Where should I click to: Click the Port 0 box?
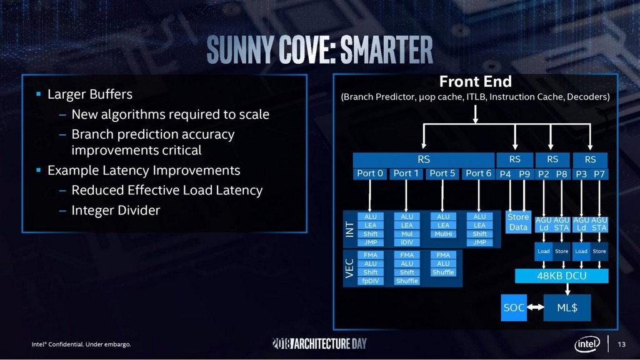tap(371, 173)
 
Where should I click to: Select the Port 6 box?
tap(479, 173)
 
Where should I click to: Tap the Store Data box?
tap(518, 222)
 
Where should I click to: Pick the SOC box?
tap(514, 307)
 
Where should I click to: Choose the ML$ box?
tap(568, 307)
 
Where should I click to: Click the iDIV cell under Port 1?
tap(407, 242)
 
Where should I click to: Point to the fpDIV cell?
tap(371, 281)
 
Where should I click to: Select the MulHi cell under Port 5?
tap(443, 234)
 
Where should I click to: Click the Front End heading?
tap(475, 82)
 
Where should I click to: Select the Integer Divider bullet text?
tap(116, 211)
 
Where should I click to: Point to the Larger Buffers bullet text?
tap(90, 95)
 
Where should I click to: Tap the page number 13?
tap(621, 344)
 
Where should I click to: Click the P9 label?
tap(526, 174)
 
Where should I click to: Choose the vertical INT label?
tap(350, 229)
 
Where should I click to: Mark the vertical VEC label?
tap(350, 268)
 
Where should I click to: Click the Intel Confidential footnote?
tap(82, 344)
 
